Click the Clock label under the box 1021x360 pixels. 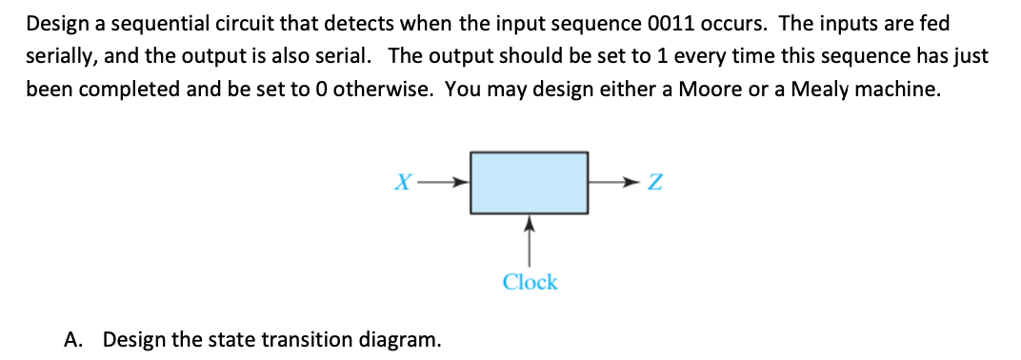530,282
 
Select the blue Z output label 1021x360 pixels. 654,182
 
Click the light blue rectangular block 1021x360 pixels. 530,181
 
